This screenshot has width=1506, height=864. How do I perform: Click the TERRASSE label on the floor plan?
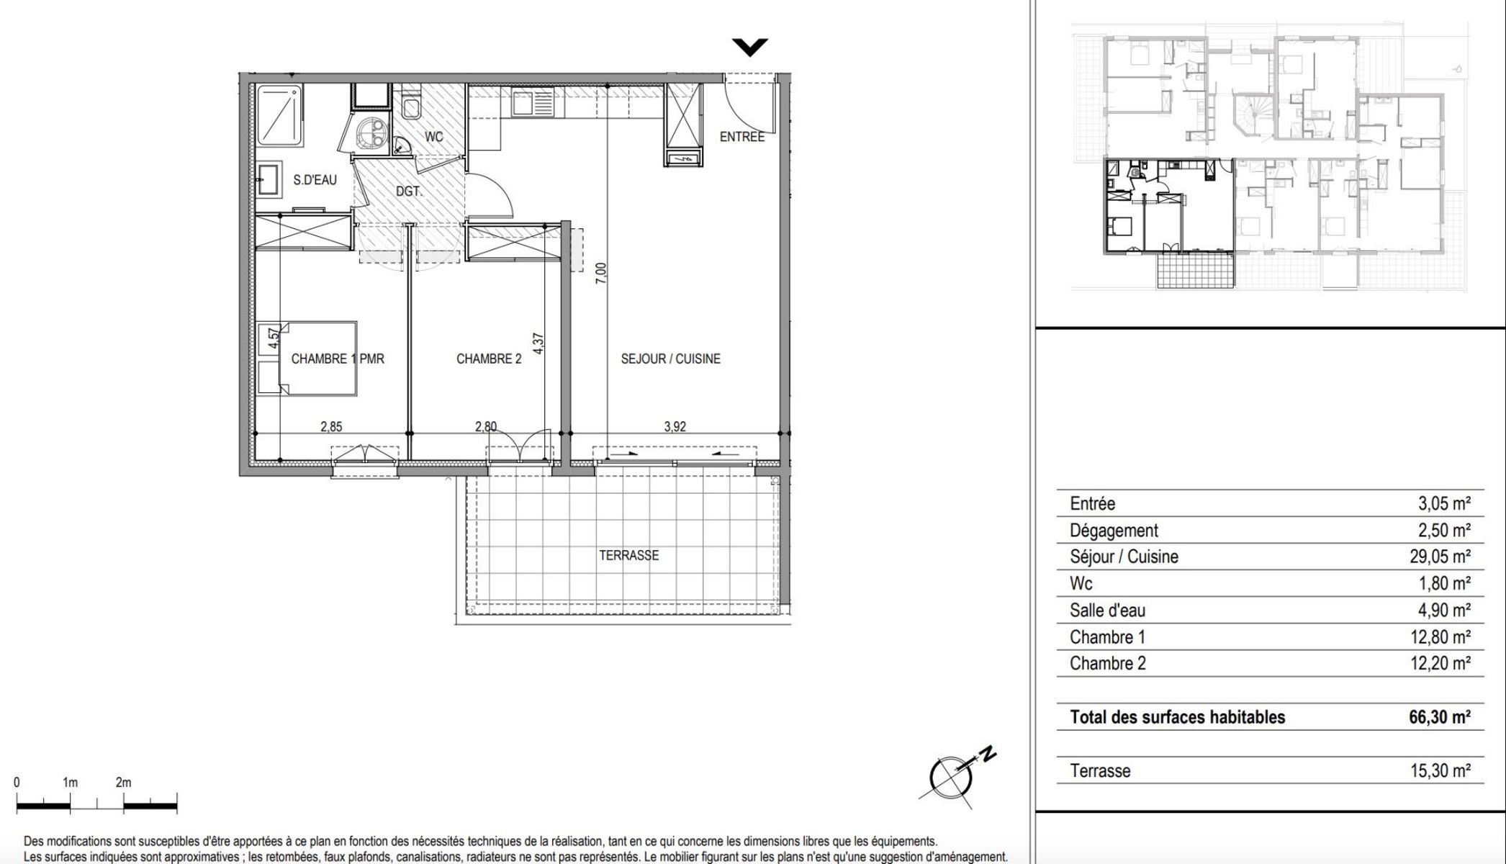click(x=628, y=555)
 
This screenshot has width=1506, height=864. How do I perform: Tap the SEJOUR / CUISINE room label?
click(x=670, y=359)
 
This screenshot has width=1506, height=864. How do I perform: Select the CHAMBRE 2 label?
click(x=489, y=359)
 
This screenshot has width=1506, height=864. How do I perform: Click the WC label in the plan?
click(x=434, y=137)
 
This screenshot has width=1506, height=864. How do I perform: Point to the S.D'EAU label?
click(x=315, y=180)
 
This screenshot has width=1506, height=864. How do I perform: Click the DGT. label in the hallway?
click(x=409, y=192)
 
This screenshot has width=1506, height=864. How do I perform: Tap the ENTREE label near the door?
click(x=742, y=137)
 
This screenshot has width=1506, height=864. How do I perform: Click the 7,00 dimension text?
click(x=602, y=273)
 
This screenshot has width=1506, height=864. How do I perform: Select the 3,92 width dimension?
click(x=675, y=426)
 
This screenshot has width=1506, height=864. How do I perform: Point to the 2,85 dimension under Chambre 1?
click(x=331, y=426)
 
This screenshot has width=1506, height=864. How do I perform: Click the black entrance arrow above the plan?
click(x=750, y=48)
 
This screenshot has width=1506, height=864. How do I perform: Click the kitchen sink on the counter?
click(x=533, y=104)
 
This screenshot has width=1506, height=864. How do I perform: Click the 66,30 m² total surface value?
click(x=1440, y=717)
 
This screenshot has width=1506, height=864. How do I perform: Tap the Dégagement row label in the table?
click(x=1114, y=531)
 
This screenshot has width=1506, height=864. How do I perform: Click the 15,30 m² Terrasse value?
click(x=1440, y=771)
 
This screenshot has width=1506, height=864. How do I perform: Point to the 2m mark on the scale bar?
click(x=123, y=783)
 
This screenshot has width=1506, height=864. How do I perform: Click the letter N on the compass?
click(x=989, y=755)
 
